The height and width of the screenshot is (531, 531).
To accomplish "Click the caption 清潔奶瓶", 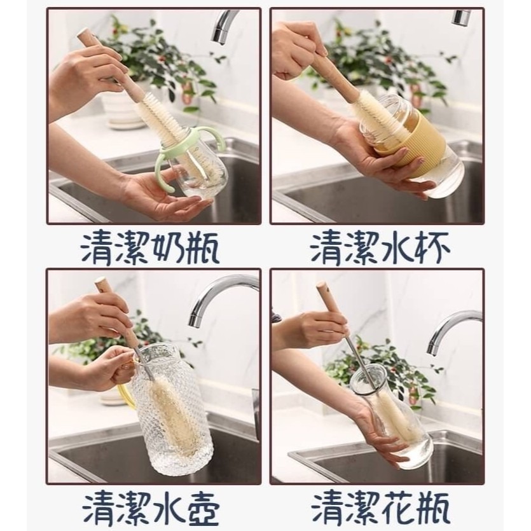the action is [x=149, y=249].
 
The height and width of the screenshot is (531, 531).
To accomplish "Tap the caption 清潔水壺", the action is [x=151, y=509].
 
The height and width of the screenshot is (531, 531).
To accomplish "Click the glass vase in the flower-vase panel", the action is [x=393, y=417].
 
